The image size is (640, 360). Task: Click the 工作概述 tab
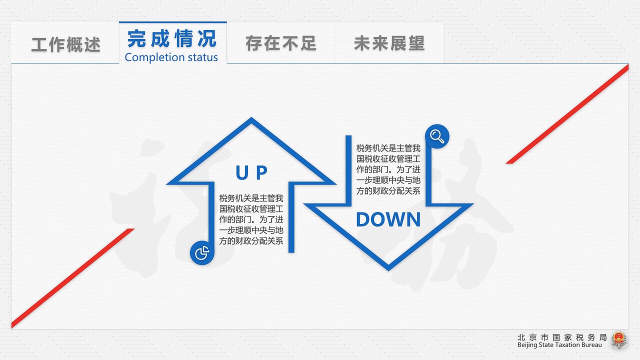click(65, 44)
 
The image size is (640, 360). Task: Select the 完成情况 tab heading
click(172, 38)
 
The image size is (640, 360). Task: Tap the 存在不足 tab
click(281, 43)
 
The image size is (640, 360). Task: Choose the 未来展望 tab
click(389, 43)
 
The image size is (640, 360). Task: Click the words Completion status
click(171, 57)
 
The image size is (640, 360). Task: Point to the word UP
click(251, 172)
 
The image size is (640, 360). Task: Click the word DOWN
click(388, 219)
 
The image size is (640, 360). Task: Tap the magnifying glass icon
click(437, 136)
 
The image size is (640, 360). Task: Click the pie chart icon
click(202, 253)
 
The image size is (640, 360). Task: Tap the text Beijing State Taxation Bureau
click(559, 345)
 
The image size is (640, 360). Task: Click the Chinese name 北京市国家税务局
click(562, 337)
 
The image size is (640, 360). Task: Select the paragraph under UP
click(251, 219)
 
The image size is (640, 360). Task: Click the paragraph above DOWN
click(388, 169)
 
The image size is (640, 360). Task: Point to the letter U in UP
click(242, 172)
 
